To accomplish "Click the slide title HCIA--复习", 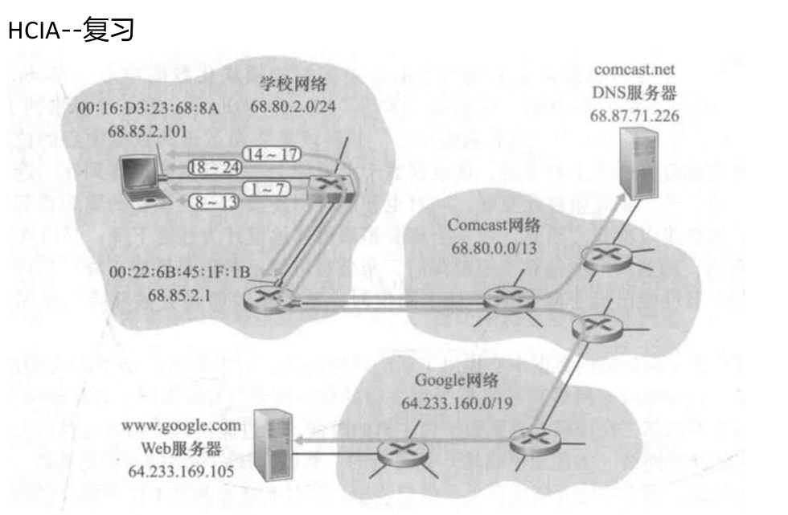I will coord(70,31).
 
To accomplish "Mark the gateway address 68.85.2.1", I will coord(181,293).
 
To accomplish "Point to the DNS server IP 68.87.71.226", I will coord(634,116).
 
